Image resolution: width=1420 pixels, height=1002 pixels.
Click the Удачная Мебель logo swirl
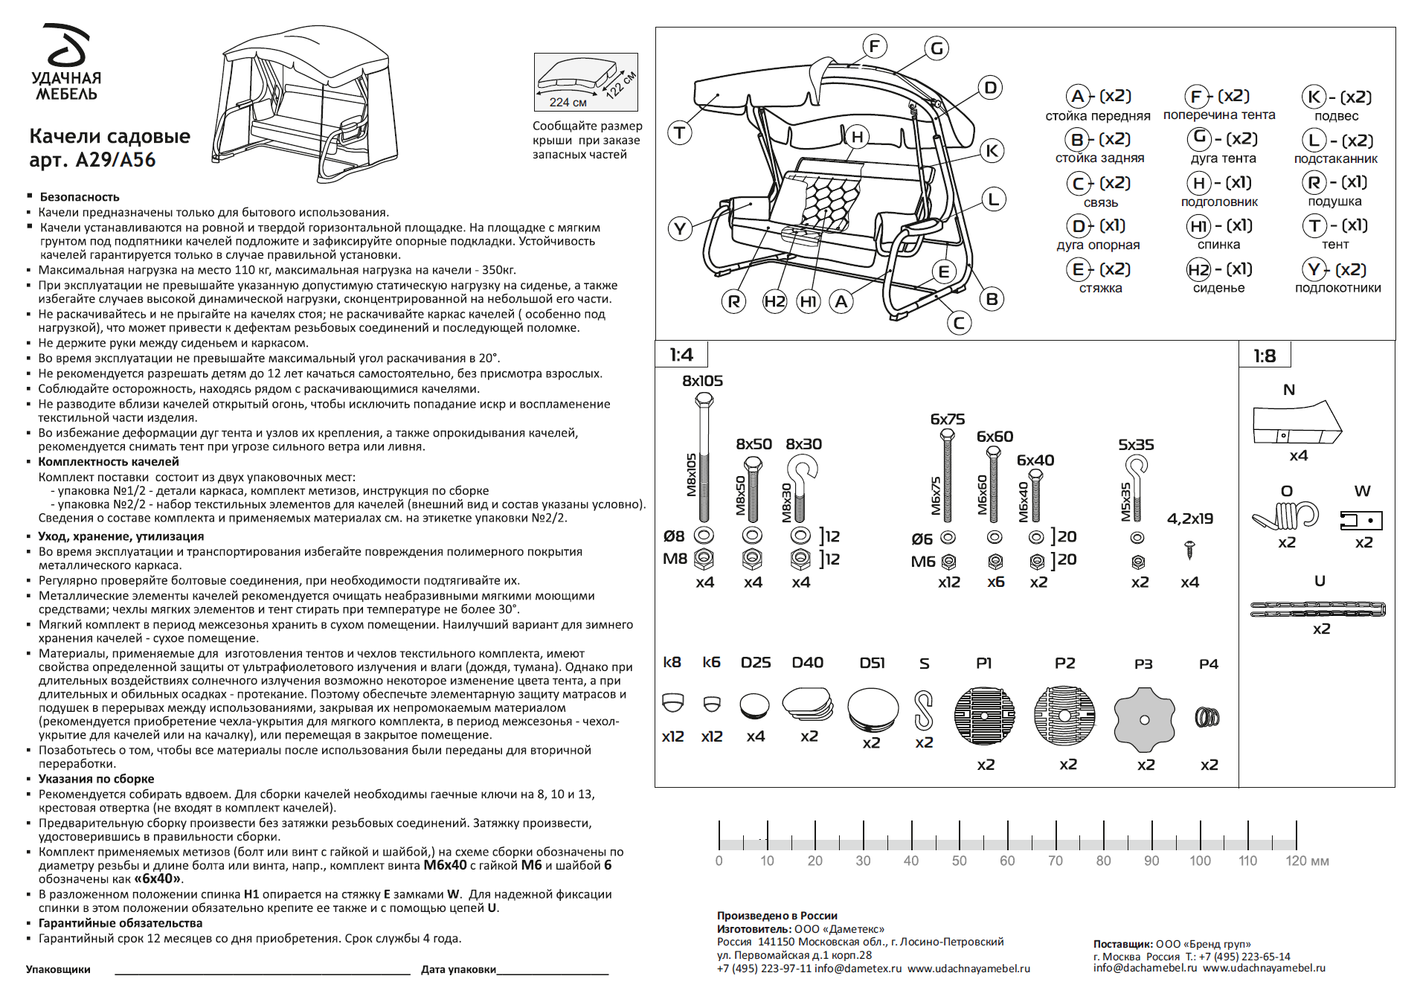tap(67, 45)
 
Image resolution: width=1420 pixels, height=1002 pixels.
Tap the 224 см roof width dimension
tap(568, 102)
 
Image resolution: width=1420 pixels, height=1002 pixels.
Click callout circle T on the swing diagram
tap(679, 134)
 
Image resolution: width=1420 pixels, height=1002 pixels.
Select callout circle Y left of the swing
tap(680, 228)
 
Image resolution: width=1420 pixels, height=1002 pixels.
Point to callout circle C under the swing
tap(959, 323)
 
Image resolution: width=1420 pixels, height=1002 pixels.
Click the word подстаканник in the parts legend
tap(1335, 158)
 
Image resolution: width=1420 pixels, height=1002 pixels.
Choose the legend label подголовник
tap(1219, 202)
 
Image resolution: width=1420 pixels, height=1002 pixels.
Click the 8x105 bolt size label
tap(702, 381)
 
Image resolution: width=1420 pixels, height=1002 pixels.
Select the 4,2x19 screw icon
tap(1189, 550)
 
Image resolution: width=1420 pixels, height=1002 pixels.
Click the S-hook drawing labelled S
tap(923, 710)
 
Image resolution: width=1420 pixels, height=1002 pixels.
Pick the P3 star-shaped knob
tap(1144, 719)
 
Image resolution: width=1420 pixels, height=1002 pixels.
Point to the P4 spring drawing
tap(1207, 717)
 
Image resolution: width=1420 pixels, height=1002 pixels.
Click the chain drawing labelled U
tap(1317, 609)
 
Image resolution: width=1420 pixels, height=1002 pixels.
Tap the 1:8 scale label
tap(1265, 356)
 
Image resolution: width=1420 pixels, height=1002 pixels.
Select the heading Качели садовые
tap(109, 136)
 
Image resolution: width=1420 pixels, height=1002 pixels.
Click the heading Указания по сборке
tap(96, 779)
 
